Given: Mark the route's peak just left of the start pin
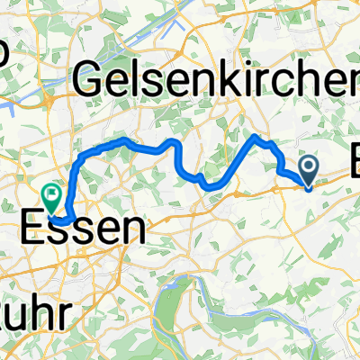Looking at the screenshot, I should [259, 137].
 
